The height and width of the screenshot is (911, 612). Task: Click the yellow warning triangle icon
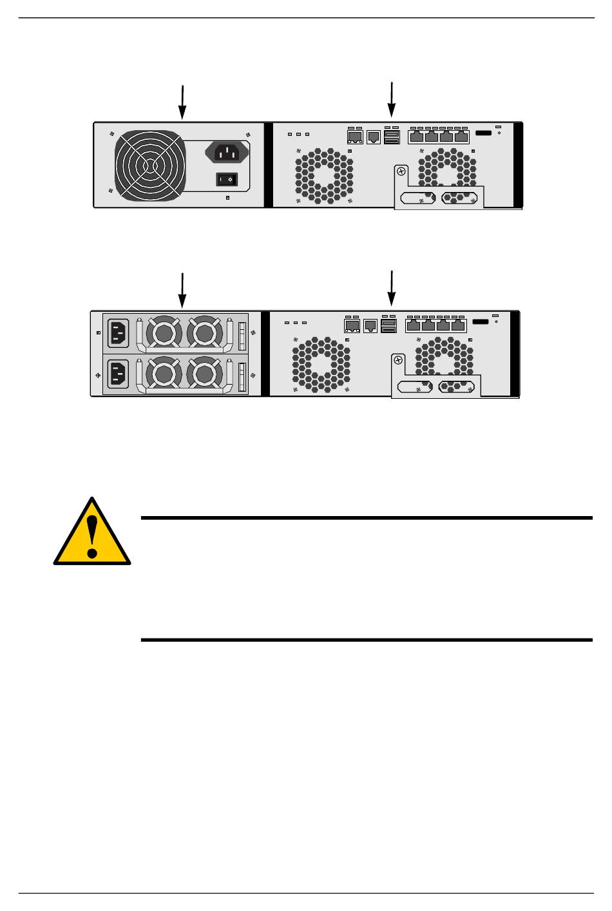pos(92,533)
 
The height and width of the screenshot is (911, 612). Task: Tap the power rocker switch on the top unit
pos(227,178)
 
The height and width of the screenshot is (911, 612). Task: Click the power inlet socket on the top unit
pos(226,153)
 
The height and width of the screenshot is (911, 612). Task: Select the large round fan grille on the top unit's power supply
pos(150,165)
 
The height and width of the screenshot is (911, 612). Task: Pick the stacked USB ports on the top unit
pos(391,137)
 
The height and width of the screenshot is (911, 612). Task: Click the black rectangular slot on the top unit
pos(483,133)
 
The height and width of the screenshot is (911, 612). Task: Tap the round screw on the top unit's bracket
pos(402,172)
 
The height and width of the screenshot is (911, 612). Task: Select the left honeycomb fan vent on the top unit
pos(324,173)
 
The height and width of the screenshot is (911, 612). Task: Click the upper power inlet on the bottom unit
pos(117,332)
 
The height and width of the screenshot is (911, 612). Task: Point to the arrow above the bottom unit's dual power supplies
pos(182,290)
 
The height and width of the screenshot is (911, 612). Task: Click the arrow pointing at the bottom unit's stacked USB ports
pos(391,289)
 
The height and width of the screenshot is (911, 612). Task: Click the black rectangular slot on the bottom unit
pos(481,322)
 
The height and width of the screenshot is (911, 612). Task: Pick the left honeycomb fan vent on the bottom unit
pos(321,365)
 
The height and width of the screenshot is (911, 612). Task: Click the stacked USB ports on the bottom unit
pos(388,326)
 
